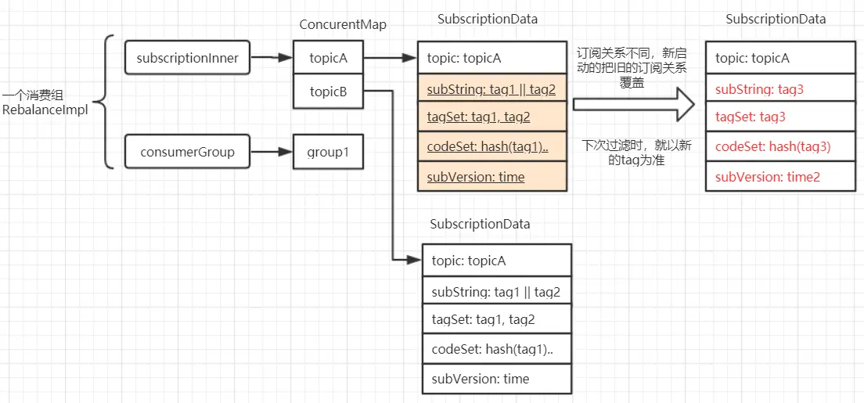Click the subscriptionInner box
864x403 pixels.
tap(187, 57)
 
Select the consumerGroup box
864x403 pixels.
tap(187, 152)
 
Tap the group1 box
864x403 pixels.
tap(328, 152)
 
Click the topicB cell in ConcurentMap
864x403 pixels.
tap(328, 92)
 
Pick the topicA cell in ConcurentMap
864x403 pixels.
tap(328, 57)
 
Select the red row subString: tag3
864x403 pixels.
tap(780, 88)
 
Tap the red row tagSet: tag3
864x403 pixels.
tap(780, 117)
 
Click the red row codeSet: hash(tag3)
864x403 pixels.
tap(780, 146)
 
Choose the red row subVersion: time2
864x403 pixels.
tap(780, 176)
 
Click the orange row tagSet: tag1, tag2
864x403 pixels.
tap(492, 117)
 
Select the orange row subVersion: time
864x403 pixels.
tap(492, 176)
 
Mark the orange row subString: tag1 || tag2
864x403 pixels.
tap(492, 88)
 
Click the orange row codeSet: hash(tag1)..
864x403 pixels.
tap(492, 146)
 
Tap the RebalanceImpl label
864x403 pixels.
tap(45, 109)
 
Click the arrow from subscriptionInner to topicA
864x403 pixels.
tap(271, 57)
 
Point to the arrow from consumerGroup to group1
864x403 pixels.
tap(271, 152)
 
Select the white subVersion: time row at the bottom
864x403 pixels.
tap(497, 380)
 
